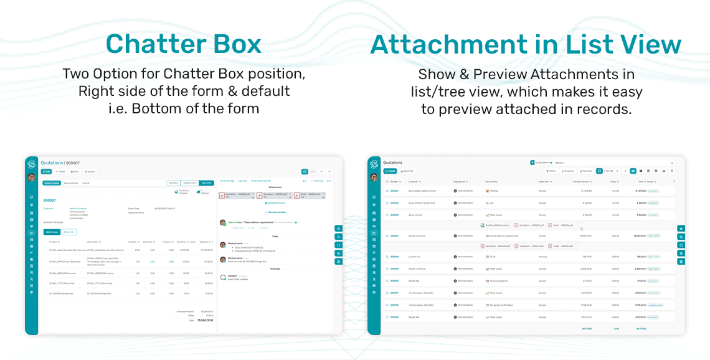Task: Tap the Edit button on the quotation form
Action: point(46,171)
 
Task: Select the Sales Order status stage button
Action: point(207,183)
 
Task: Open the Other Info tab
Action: point(69,232)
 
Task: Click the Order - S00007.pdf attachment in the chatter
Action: point(313,196)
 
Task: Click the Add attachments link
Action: point(275,203)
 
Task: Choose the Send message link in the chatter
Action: point(227,181)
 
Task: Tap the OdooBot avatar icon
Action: point(223,277)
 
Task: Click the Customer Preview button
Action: point(182,192)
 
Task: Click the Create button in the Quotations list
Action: point(391,171)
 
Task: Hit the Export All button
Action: point(407,171)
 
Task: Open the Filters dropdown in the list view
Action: point(551,171)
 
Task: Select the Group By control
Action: point(567,171)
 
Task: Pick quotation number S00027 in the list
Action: point(394,191)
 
